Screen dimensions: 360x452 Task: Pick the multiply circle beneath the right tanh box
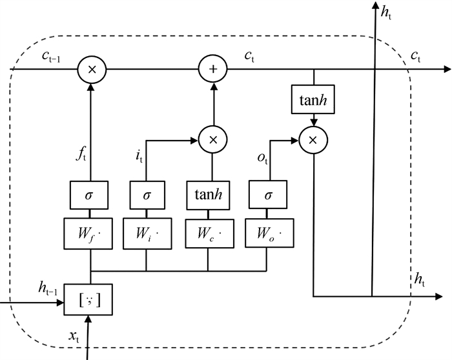(313, 138)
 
